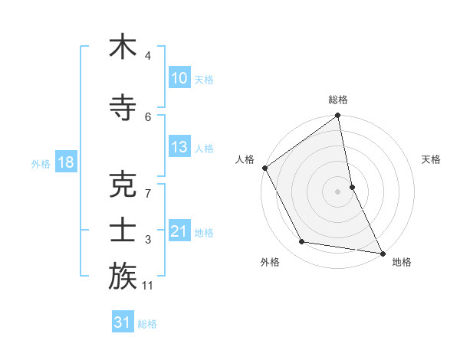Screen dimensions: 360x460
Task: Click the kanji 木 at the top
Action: pyautogui.click(x=123, y=47)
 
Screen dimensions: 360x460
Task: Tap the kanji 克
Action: pyautogui.click(x=123, y=183)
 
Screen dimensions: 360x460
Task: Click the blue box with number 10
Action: pyautogui.click(x=179, y=78)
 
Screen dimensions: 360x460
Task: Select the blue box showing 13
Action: pyautogui.click(x=179, y=147)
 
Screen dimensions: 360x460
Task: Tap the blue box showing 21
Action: pyautogui.click(x=179, y=231)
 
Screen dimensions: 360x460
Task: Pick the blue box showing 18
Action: pyautogui.click(x=64, y=162)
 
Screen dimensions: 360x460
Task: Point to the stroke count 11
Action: pyautogui.click(x=149, y=286)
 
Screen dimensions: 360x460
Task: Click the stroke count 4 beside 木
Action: pyautogui.click(x=147, y=56)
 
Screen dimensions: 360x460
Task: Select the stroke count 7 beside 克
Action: pyautogui.click(x=147, y=193)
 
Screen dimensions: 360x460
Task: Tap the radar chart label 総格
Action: pyautogui.click(x=338, y=100)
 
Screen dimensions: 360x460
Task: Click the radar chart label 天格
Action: pyautogui.click(x=432, y=159)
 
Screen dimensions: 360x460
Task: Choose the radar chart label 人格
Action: pyautogui.click(x=245, y=159)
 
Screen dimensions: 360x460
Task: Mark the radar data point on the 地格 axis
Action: pyautogui.click(x=382, y=253)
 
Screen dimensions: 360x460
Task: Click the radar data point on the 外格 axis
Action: pyautogui.click(x=302, y=242)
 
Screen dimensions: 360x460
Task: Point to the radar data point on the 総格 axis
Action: pyautogui.click(x=338, y=116)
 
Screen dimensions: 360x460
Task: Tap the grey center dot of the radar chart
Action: pyautogui.click(x=338, y=191)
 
